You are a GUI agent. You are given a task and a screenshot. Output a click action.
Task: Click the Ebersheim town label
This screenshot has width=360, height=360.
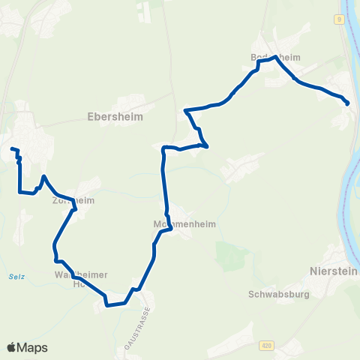(115, 117)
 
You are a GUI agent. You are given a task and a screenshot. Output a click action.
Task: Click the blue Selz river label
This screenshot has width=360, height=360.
(16, 277)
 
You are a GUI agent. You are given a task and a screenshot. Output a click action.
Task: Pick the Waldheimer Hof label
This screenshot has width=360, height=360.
(79, 279)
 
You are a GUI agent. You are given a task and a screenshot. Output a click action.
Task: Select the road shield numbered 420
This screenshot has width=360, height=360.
(266, 345)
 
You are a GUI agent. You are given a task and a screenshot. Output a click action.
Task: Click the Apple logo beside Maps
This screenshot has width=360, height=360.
(11, 347)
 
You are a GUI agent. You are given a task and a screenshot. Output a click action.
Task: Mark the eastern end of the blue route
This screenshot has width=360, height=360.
(347, 103)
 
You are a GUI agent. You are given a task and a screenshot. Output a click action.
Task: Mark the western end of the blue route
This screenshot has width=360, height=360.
(12, 149)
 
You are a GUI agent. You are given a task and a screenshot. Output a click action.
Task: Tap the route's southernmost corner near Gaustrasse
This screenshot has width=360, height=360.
(107, 305)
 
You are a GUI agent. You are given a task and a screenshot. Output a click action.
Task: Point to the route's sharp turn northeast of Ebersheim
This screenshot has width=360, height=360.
(206, 145)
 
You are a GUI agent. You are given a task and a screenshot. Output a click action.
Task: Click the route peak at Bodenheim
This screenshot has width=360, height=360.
(276, 57)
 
